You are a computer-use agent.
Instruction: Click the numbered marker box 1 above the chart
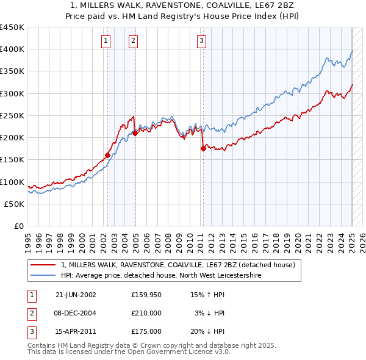click(x=106, y=41)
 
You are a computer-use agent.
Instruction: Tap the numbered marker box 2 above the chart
click(x=133, y=41)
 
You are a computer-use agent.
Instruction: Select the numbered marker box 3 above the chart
click(x=201, y=41)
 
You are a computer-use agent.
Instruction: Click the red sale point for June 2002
click(x=107, y=155)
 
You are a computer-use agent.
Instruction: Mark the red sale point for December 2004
click(x=135, y=133)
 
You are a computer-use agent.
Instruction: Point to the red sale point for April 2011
click(x=203, y=148)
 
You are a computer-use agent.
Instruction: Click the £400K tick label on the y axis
click(x=12, y=49)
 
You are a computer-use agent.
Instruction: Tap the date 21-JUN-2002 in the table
click(x=76, y=295)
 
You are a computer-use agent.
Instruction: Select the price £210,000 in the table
click(x=146, y=313)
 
